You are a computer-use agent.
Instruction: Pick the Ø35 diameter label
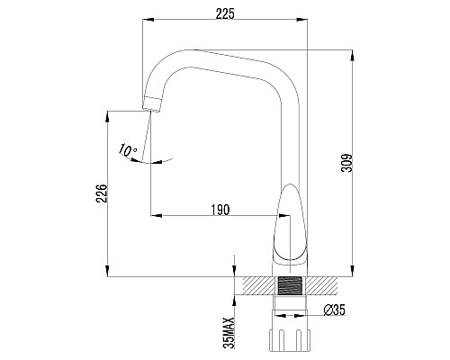click(335, 310)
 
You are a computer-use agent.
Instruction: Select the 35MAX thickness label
click(230, 331)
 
